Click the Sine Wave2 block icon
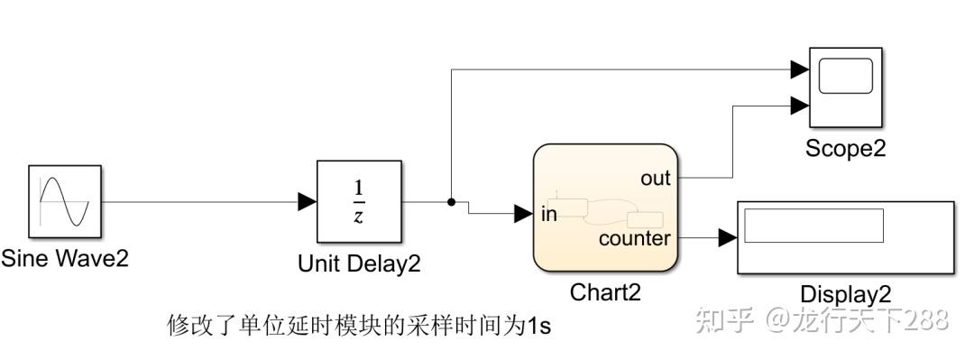(63, 201)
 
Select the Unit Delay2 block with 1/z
(358, 202)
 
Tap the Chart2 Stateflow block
(605, 208)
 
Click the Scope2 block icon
(845, 88)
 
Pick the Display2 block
(845, 237)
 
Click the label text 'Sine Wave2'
(65, 259)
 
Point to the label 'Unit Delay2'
(359, 263)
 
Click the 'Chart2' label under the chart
(604, 293)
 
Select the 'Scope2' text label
(845, 148)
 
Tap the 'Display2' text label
(845, 294)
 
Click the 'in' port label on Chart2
(549, 214)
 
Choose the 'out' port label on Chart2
(656, 179)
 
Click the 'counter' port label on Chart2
(635, 238)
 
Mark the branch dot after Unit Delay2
(451, 202)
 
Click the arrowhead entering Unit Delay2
(308, 202)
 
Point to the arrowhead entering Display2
(728, 238)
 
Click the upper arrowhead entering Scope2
(799, 69)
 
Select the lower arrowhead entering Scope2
(799, 106)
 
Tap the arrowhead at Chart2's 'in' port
(523, 214)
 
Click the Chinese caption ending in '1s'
(359, 325)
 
